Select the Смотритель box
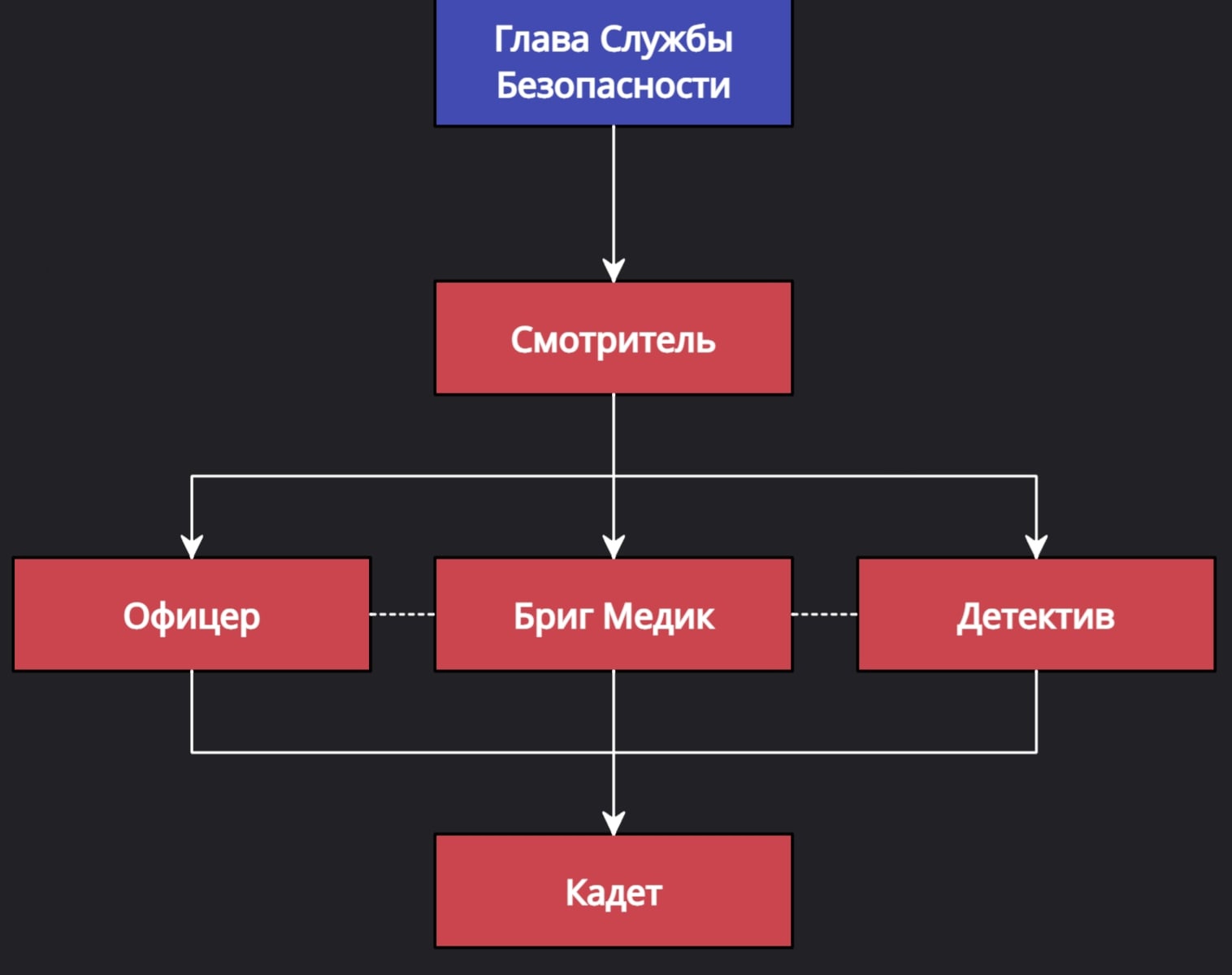click(x=614, y=338)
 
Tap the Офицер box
click(x=192, y=615)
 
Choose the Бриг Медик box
click(x=614, y=615)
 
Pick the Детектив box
click(x=1036, y=615)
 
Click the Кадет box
click(x=614, y=891)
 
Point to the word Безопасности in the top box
click(x=614, y=85)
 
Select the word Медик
click(x=659, y=616)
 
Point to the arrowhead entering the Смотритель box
click(x=614, y=270)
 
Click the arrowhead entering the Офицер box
click(x=192, y=546)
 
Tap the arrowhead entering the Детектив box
click(x=1036, y=546)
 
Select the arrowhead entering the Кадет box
click(x=614, y=823)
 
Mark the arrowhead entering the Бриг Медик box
click(x=614, y=546)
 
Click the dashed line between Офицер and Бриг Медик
click(x=402, y=614)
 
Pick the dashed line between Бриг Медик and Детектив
click(x=824, y=614)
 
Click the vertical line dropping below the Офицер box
click(x=192, y=712)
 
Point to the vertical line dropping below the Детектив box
click(x=1036, y=712)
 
